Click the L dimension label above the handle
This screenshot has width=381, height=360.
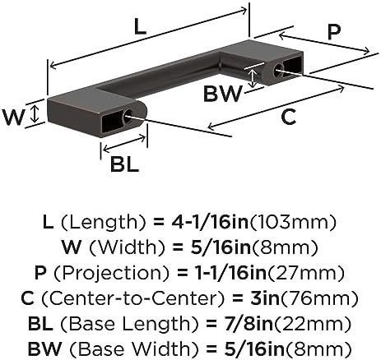pyautogui.click(x=140, y=28)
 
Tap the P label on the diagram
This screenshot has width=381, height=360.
pyautogui.click(x=334, y=32)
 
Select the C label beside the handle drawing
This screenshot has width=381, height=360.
pyautogui.click(x=289, y=117)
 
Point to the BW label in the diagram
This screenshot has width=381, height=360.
pyautogui.click(x=223, y=94)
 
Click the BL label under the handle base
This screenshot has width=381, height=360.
pyautogui.click(x=124, y=164)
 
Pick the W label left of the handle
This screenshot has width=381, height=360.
pyautogui.click(x=13, y=117)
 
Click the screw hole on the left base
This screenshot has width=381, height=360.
pyautogui.click(x=128, y=115)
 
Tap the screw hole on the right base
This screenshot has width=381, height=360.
pyautogui.click(x=278, y=69)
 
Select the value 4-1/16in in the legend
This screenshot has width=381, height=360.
pyautogui.click(x=210, y=222)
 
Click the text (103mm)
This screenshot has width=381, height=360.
pyautogui.click(x=292, y=222)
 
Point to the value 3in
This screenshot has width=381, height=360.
pyautogui.click(x=265, y=298)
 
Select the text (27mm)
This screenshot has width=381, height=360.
pyautogui.click(x=305, y=273)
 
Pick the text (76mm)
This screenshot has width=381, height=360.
pyautogui.click(x=318, y=298)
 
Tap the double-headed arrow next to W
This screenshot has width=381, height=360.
pyautogui.click(x=35, y=114)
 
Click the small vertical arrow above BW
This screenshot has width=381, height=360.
pyautogui.click(x=253, y=77)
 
